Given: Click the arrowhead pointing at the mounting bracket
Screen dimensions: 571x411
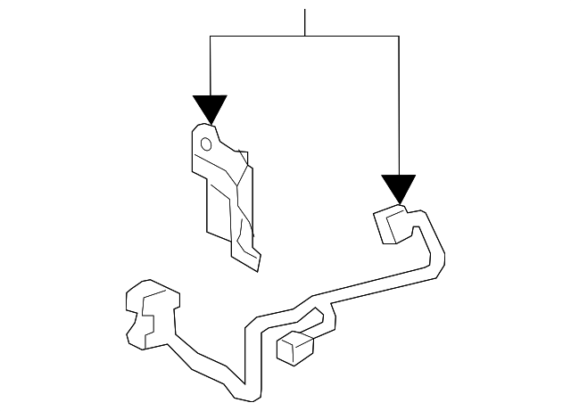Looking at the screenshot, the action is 211,109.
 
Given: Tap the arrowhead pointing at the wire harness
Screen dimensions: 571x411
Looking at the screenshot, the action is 398,187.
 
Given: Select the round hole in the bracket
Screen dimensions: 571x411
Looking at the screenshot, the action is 205,143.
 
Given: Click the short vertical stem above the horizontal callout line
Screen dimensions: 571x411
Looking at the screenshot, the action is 305,22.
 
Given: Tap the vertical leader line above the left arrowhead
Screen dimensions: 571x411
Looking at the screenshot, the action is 211,67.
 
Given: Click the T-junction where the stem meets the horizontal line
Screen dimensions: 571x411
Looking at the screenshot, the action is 305,37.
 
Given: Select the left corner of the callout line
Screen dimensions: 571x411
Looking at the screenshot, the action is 211,37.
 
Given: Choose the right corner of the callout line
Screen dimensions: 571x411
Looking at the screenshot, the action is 398,37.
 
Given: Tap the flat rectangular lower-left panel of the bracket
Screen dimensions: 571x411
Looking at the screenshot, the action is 218,205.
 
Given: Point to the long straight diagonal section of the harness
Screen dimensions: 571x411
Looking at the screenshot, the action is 375,287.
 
